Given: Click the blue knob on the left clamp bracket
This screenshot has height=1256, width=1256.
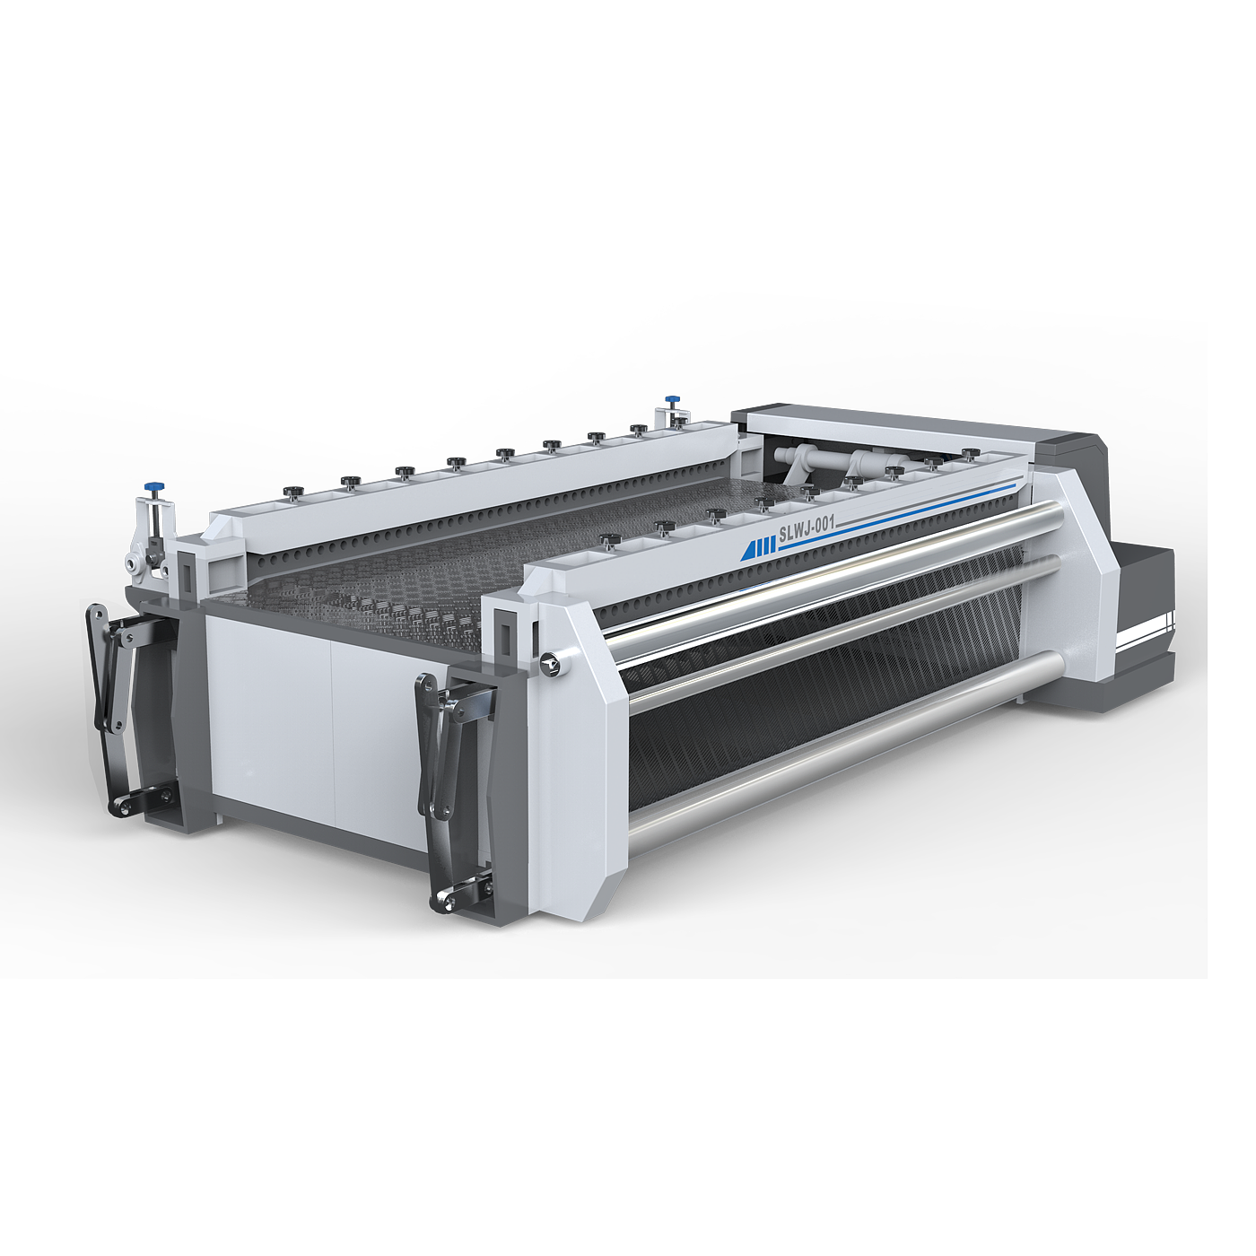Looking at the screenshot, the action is [x=154, y=485].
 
